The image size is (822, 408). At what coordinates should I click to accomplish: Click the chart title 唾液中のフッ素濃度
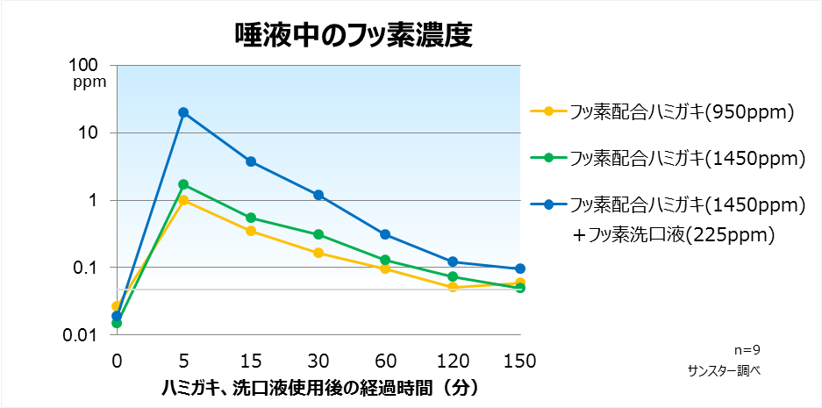[x=354, y=34]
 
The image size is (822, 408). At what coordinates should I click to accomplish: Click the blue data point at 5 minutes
[x=183, y=112]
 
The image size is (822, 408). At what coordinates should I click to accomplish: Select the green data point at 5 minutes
[x=183, y=184]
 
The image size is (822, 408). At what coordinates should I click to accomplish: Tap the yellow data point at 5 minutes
[x=183, y=200]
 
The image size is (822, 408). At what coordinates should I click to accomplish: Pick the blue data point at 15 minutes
[x=251, y=161]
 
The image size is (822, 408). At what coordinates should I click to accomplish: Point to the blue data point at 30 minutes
[x=318, y=195]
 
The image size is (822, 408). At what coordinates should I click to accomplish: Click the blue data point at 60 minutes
[x=385, y=234]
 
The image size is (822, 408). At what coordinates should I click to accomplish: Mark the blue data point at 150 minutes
[x=520, y=268]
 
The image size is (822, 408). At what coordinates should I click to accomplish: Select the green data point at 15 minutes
[x=251, y=218]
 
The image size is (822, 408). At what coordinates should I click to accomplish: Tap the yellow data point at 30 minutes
[x=318, y=253]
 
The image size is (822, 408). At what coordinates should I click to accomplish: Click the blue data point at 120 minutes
[x=453, y=261]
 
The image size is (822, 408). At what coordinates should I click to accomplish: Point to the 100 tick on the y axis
[x=91, y=66]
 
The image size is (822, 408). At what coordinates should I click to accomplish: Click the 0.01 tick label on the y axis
[x=88, y=335]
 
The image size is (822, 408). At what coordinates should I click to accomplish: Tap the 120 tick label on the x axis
[x=453, y=361]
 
